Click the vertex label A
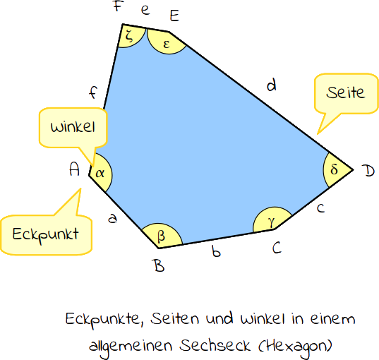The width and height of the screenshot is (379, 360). point(74,169)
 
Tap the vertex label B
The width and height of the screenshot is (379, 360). point(159,265)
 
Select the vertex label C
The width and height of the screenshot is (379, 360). point(277,248)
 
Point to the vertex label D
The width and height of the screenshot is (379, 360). point(370,171)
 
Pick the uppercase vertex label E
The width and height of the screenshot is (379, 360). point(174,16)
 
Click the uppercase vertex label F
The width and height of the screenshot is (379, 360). point(119,6)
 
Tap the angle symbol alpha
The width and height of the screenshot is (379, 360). point(100,173)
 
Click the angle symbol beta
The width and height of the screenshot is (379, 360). point(161,236)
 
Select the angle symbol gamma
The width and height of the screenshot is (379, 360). point(272,222)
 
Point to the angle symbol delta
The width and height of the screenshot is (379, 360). point(334,169)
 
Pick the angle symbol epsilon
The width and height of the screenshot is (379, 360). point(167,44)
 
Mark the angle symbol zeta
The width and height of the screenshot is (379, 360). point(130,36)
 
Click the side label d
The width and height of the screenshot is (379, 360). point(272,85)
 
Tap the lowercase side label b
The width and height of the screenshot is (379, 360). point(216,251)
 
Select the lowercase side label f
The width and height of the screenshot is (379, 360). point(93,92)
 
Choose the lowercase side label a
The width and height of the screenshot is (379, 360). point(113,218)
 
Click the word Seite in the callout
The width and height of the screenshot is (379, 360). point(345,92)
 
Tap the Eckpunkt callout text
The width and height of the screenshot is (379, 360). point(45,234)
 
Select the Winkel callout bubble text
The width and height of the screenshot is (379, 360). point(73,126)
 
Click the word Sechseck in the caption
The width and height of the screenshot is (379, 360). point(215,345)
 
